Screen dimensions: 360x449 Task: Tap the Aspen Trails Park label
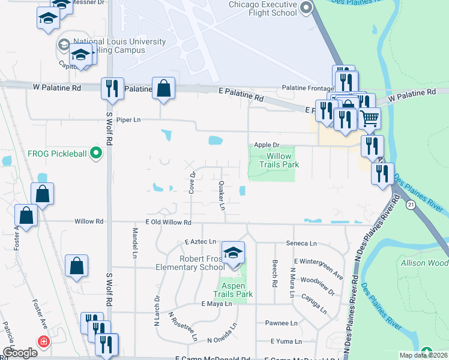click(233, 290)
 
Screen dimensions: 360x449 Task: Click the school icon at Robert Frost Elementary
click(233, 254)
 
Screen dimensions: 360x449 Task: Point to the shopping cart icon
click(370, 118)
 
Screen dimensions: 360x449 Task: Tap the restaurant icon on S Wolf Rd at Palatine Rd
click(112, 89)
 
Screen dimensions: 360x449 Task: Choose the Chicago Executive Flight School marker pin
click(307, 8)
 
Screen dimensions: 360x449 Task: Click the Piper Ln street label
click(128, 119)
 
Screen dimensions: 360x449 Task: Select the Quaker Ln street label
click(221, 196)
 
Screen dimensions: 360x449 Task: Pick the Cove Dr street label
click(193, 182)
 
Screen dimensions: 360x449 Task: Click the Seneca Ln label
click(305, 243)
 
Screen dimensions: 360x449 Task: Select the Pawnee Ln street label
click(286, 323)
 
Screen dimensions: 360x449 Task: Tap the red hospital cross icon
click(43, 342)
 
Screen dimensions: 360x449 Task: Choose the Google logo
click(20, 353)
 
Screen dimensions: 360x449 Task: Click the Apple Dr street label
click(267, 145)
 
